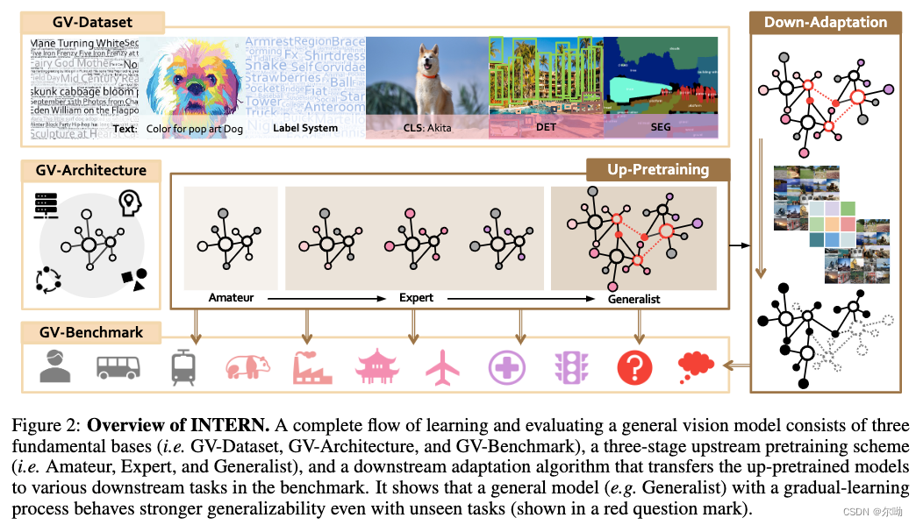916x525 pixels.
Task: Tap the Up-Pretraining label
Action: tap(657, 169)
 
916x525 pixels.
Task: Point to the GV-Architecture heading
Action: tap(92, 170)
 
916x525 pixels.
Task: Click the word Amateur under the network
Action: tap(232, 298)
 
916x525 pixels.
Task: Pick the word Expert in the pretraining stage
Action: tap(416, 298)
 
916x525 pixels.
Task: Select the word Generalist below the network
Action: tap(633, 299)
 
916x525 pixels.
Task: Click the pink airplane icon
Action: tap(442, 367)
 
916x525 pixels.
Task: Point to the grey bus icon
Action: tap(118, 367)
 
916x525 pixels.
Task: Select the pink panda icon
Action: tap(247, 367)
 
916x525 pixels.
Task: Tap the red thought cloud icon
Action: tap(697, 367)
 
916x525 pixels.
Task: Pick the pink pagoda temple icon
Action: tap(377, 367)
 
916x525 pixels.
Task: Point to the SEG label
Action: tap(661, 128)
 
